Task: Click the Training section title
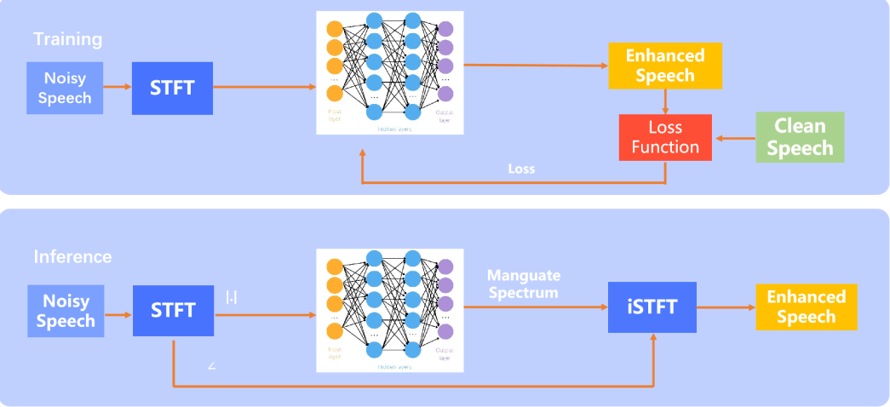68,39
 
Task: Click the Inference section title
72,256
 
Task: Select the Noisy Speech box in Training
65,87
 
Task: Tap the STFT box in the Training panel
172,87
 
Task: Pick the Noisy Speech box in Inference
65,311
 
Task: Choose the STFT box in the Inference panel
173,311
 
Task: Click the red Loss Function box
664,137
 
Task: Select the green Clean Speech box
800,137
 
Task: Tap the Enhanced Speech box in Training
665,66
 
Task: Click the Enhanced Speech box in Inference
806,307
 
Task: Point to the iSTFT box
653,307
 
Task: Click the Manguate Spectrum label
524,284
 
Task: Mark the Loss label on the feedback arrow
521,169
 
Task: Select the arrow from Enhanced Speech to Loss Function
665,101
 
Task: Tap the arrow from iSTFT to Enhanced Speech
725,307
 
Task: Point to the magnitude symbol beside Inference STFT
231,297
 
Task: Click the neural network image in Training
389,72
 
